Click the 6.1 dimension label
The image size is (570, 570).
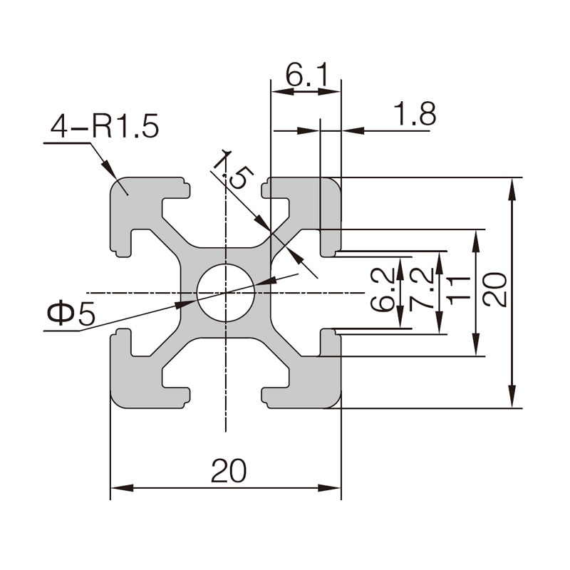click(x=306, y=73)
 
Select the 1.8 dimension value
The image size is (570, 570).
click(x=414, y=114)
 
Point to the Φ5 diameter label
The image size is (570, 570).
click(x=71, y=314)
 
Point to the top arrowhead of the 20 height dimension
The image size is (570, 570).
click(x=512, y=187)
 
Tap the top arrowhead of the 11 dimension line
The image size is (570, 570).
click(x=475, y=239)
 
